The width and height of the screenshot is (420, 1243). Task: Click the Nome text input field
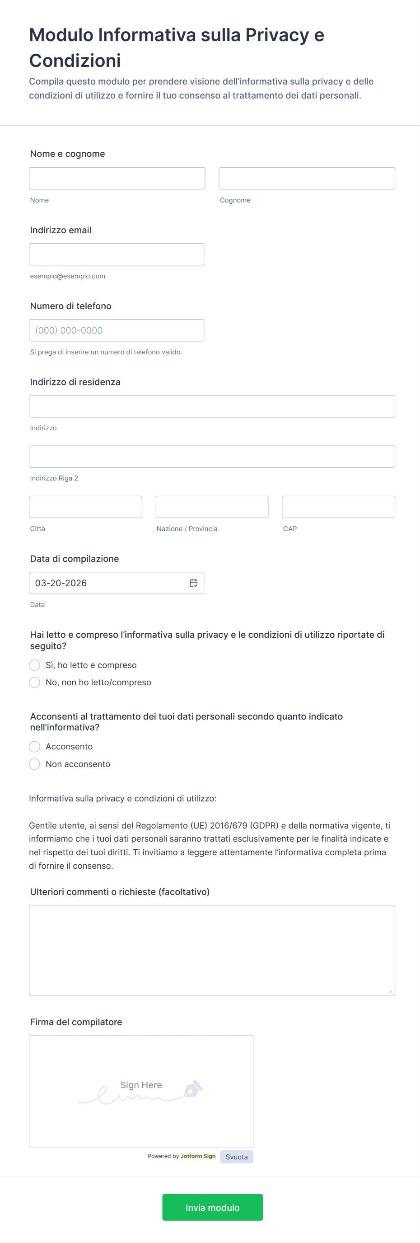pyautogui.click(x=117, y=178)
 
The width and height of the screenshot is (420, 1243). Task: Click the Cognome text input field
pyautogui.click(x=307, y=178)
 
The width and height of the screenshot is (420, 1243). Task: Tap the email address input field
pyautogui.click(x=116, y=254)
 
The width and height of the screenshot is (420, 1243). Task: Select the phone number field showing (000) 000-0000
pyautogui.click(x=116, y=330)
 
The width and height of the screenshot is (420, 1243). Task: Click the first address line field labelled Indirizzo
pyautogui.click(x=212, y=406)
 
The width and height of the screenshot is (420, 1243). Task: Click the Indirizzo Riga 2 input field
pyautogui.click(x=212, y=457)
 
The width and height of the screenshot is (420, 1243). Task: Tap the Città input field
pyautogui.click(x=85, y=507)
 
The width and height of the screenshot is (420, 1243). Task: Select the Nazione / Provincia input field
pyautogui.click(x=212, y=507)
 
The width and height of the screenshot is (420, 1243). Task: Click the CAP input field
pyautogui.click(x=338, y=507)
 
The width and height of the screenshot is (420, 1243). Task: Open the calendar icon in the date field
pyautogui.click(x=193, y=583)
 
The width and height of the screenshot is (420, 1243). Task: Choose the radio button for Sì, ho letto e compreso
pyautogui.click(x=35, y=665)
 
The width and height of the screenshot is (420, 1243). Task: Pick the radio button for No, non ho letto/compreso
pyautogui.click(x=35, y=683)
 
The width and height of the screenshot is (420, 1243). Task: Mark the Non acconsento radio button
pyautogui.click(x=35, y=764)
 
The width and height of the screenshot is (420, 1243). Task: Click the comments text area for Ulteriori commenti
pyautogui.click(x=212, y=950)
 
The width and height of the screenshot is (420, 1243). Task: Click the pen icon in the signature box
pyautogui.click(x=193, y=1088)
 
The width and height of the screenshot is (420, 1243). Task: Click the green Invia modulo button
pyautogui.click(x=212, y=1207)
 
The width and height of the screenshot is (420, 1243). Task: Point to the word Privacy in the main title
pyautogui.click(x=277, y=35)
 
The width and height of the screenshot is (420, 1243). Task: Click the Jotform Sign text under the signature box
pyautogui.click(x=198, y=1156)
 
